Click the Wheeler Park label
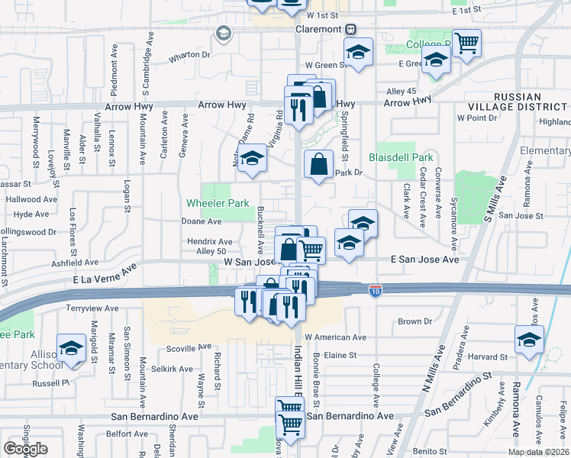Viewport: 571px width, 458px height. (x=218, y=204)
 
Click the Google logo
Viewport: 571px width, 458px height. (x=26, y=449)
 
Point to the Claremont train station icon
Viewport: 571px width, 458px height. (x=350, y=29)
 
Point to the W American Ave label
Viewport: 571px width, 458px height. (x=335, y=337)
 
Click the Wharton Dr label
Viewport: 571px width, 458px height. (x=189, y=55)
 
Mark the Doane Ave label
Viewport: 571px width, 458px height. (x=201, y=221)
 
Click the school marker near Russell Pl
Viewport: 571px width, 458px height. (x=71, y=347)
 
